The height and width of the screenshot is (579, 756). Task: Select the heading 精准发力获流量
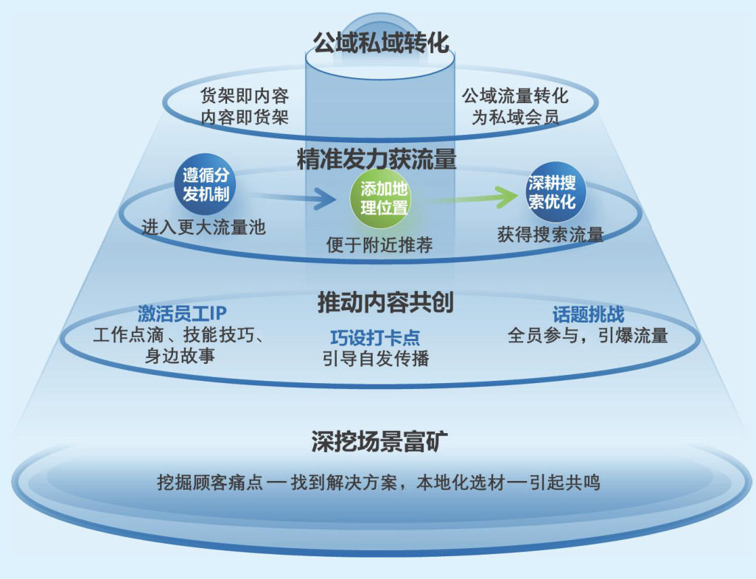pyautogui.click(x=377, y=160)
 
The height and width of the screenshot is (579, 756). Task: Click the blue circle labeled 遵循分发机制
pyautogui.click(x=206, y=185)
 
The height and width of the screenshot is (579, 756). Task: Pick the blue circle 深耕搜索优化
pyautogui.click(x=551, y=192)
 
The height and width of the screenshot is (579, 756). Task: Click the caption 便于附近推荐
pyautogui.click(x=379, y=245)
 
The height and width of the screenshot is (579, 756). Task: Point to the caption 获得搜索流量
pyautogui.click(x=550, y=235)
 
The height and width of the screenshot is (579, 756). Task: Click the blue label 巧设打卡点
pyautogui.click(x=375, y=338)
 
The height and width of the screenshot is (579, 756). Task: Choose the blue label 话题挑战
pyautogui.click(x=588, y=315)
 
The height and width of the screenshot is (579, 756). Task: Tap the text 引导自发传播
pyautogui.click(x=375, y=359)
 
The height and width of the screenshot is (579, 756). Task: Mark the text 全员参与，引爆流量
pyautogui.click(x=587, y=336)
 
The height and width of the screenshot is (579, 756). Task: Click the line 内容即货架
pyautogui.click(x=245, y=116)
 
